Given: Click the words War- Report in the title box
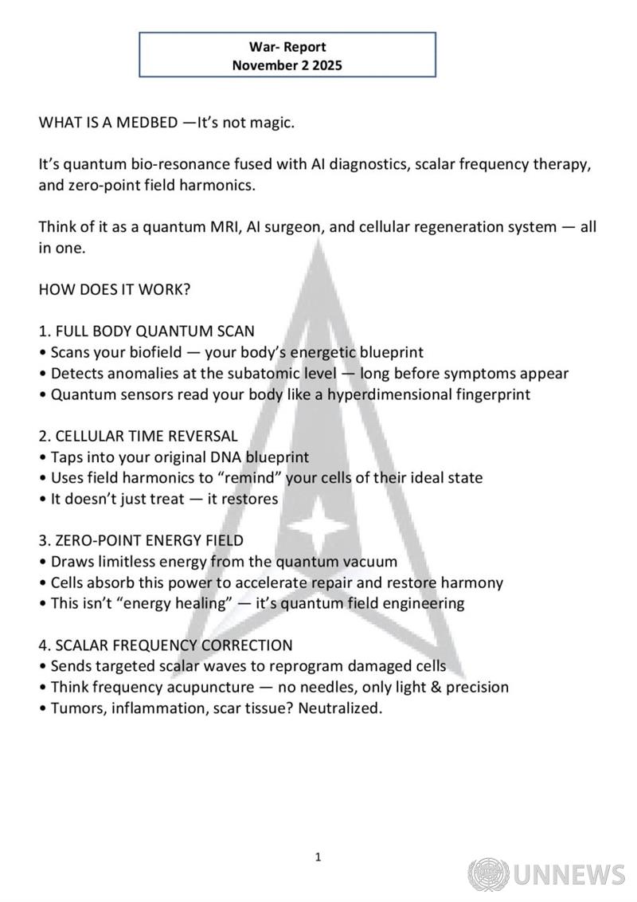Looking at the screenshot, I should point(287,47).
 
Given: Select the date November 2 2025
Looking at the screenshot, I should point(287,66).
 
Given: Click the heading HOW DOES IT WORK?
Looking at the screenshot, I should point(115,289).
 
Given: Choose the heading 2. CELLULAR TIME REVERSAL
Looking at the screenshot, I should point(138,436).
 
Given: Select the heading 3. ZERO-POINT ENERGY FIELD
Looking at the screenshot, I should point(141,540).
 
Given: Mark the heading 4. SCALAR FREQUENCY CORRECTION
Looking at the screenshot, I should point(166,645).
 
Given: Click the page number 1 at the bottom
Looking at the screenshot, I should point(318,857).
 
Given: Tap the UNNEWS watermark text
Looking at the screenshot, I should point(569,874).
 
